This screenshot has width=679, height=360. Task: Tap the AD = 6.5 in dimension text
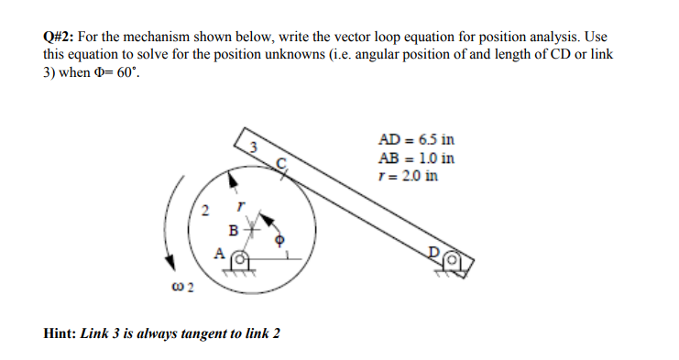coord(417,141)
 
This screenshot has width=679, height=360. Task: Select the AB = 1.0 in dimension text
coord(416,158)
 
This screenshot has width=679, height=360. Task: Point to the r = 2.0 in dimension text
coord(408,174)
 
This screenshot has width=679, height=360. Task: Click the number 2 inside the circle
coord(205,213)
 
